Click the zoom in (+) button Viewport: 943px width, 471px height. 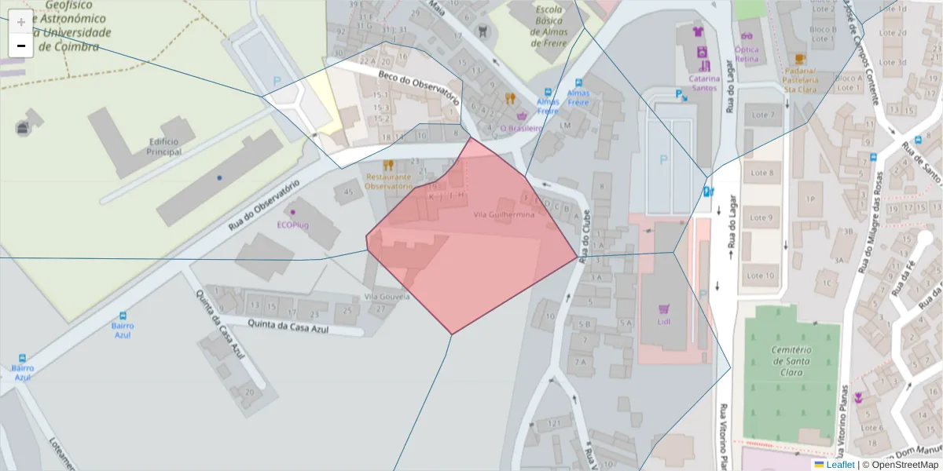pos(21,22)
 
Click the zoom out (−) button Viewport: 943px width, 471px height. pos(21,46)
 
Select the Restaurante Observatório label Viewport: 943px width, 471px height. pos(389,181)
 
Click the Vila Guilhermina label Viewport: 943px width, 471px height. pos(505,214)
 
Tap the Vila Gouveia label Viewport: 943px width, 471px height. pos(387,297)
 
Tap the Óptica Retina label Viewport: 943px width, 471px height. pos(747,54)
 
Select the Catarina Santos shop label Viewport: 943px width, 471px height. pos(704,82)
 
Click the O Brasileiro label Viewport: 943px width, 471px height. pos(521,128)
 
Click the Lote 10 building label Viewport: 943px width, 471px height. pos(761,276)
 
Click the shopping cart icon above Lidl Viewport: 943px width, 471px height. pos(665,309)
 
